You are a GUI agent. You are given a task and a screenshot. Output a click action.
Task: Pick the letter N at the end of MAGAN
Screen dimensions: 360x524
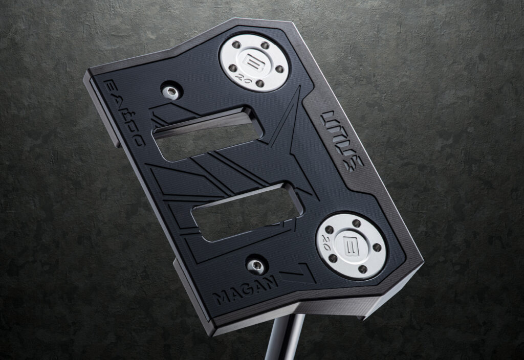point(270,280)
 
